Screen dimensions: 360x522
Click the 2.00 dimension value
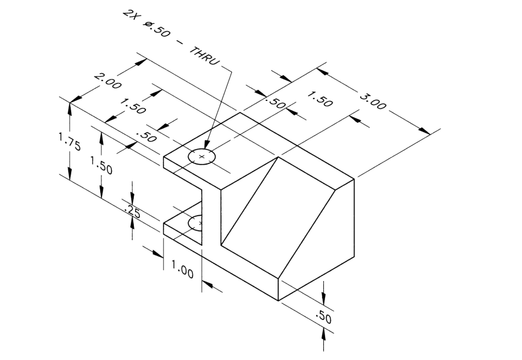tap(107, 82)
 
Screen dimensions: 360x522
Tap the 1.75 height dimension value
tap(69, 142)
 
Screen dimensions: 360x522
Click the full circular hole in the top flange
tap(202, 157)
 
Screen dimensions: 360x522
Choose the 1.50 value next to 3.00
tap(319, 99)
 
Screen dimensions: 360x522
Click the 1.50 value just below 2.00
tap(133, 106)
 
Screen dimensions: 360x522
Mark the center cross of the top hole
tap(202, 157)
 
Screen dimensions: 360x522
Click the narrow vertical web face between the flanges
tap(211, 214)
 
